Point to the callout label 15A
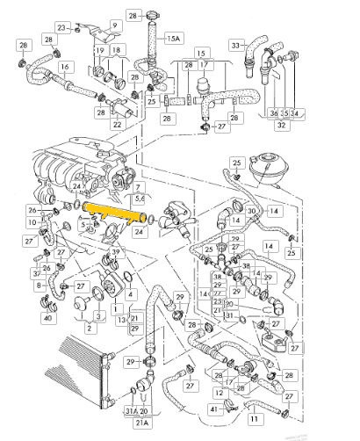pos(174,39)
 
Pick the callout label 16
pos(65,66)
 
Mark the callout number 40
pos(23,317)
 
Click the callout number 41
pos(213,408)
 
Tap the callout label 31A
pos(129,411)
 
